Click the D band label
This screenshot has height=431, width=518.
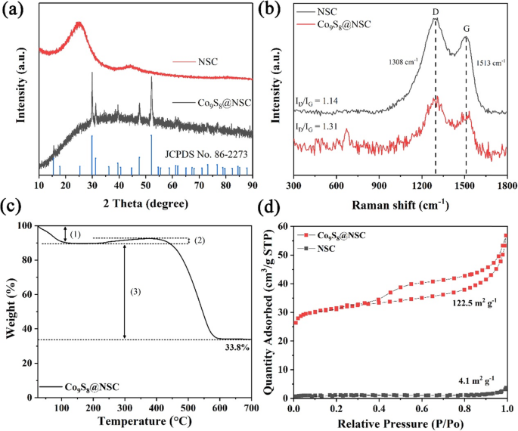pyautogui.click(x=435, y=12)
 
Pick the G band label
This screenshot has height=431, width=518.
pyautogui.click(x=466, y=28)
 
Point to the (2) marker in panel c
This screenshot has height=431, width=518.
pyautogui.click(x=200, y=240)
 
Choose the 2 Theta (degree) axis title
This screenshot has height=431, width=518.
pyautogui.click(x=144, y=203)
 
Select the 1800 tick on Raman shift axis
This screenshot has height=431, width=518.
pyautogui.click(x=506, y=184)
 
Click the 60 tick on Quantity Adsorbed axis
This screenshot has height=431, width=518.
pyautogui.click(x=284, y=226)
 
